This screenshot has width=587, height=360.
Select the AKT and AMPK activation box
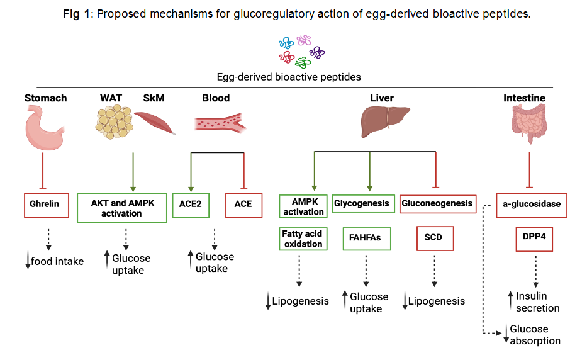tap(121, 208)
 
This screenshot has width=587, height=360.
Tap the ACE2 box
tap(190, 205)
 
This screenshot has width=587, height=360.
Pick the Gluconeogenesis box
tap(437, 203)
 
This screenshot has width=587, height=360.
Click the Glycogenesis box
tap(362, 203)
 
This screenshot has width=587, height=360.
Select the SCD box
tap(433, 239)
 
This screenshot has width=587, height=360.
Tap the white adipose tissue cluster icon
tap(114, 123)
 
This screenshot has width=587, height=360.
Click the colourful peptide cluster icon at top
tap(300, 51)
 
